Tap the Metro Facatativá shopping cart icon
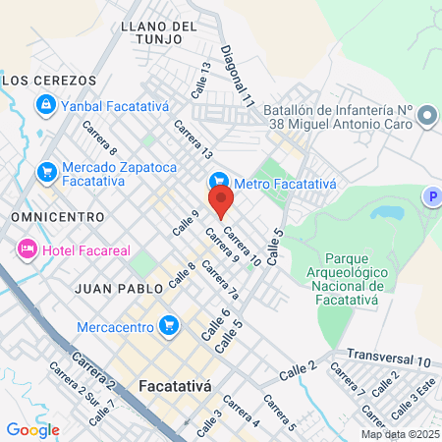[219, 182]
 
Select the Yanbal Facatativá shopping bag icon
[44, 103]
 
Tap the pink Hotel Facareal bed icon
[26, 249]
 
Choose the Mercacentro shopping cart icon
[170, 324]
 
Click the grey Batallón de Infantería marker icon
[426, 117]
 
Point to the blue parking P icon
[431, 197]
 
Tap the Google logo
[32, 429]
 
